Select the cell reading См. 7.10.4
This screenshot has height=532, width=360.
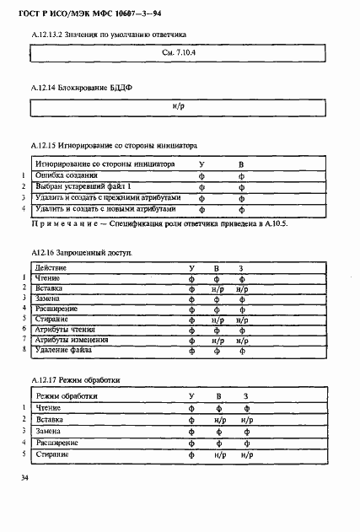click(177, 52)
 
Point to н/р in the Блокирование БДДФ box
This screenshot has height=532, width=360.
click(177, 107)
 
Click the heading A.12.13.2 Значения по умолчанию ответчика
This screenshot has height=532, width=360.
click(107, 34)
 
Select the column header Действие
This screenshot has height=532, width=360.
click(51, 268)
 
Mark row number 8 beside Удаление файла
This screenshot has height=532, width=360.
click(24, 349)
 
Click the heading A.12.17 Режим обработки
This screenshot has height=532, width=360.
click(74, 380)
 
